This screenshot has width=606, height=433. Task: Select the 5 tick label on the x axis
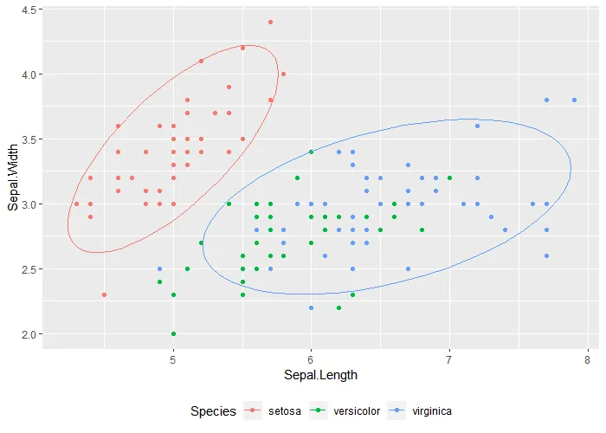click(x=173, y=359)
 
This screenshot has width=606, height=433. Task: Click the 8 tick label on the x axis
click(x=588, y=359)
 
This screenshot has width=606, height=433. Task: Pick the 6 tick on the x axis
click(x=312, y=359)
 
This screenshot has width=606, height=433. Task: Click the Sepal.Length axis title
click(x=311, y=375)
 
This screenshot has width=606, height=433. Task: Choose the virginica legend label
click(x=432, y=411)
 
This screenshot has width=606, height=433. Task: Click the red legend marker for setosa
click(x=253, y=411)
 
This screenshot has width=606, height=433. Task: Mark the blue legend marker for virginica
click(x=401, y=411)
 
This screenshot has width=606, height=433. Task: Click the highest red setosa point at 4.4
click(x=270, y=23)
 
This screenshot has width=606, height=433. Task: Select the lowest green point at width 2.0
click(x=173, y=334)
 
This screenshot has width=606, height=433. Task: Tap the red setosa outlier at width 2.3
click(x=104, y=295)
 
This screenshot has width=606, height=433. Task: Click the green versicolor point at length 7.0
click(x=449, y=178)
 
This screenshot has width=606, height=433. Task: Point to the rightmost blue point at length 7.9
click(x=574, y=100)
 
